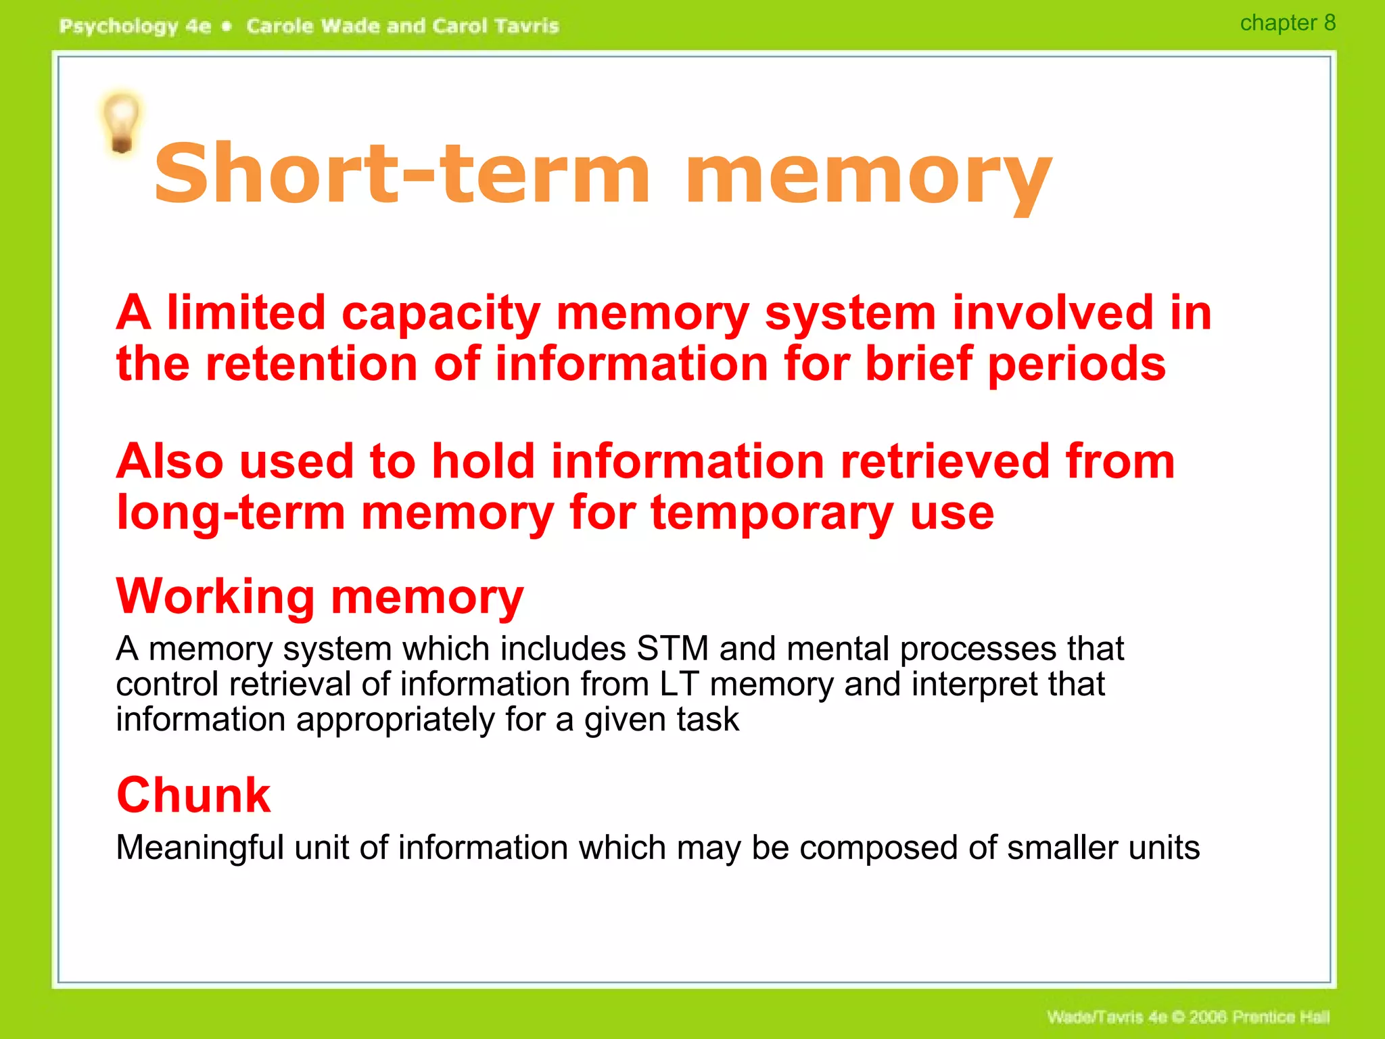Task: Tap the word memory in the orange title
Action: (x=868, y=177)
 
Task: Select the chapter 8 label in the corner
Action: (x=1287, y=23)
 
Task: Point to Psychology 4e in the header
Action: (x=135, y=26)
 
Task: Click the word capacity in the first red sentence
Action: (x=441, y=315)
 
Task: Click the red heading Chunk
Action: (x=193, y=795)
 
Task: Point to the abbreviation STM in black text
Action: (x=672, y=649)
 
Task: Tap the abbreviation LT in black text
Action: (x=679, y=684)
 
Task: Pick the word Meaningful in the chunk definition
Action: (x=199, y=848)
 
